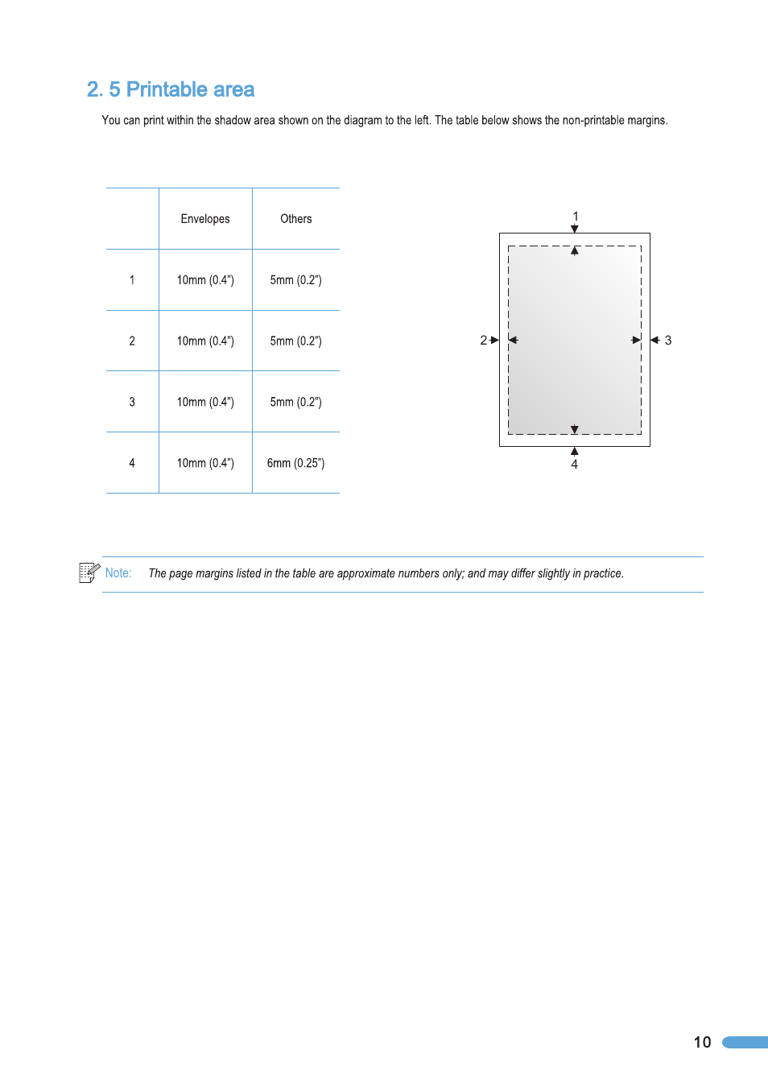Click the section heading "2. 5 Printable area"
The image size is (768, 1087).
pyautogui.click(x=171, y=89)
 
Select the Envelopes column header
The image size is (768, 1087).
pyautogui.click(x=205, y=219)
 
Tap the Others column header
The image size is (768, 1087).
pyautogui.click(x=295, y=219)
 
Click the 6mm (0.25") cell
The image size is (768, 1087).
pyautogui.click(x=295, y=463)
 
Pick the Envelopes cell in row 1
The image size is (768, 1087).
pyautogui.click(x=205, y=280)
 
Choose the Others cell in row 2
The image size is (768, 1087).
pyautogui.click(x=295, y=341)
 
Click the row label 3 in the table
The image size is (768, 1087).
pyautogui.click(x=132, y=402)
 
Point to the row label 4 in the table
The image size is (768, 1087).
pyautogui.click(x=132, y=463)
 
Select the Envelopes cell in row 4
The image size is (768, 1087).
pyautogui.click(x=205, y=463)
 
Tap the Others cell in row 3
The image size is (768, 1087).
pyautogui.click(x=295, y=402)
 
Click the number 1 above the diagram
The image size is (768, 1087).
pyautogui.click(x=576, y=216)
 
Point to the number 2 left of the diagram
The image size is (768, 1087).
pyautogui.click(x=483, y=341)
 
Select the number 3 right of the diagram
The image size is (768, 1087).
pyautogui.click(x=668, y=341)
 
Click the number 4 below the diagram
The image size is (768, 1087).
pyautogui.click(x=575, y=465)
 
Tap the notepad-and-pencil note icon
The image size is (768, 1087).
pyautogui.click(x=89, y=572)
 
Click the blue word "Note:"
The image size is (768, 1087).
pyautogui.click(x=118, y=573)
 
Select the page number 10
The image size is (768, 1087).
pyautogui.click(x=702, y=1042)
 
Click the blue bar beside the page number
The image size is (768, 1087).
pyautogui.click(x=745, y=1042)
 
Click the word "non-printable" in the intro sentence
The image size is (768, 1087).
pyautogui.click(x=593, y=121)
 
